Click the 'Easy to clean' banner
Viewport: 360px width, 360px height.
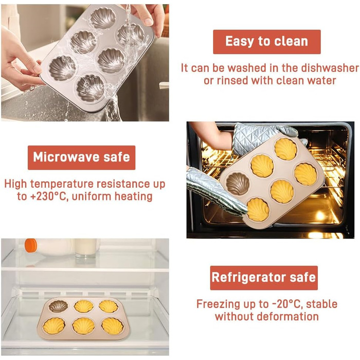coord(267,42)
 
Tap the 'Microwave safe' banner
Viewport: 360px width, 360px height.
coord(81,157)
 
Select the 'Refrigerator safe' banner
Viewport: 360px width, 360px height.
coord(264,278)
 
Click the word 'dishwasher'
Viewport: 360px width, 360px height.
coord(330,68)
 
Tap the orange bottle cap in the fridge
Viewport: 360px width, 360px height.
coord(31,245)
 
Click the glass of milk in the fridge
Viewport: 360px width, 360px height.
coord(86,248)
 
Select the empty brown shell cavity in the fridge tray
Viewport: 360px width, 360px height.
coord(58,307)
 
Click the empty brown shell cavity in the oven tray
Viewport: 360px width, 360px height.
coord(238,184)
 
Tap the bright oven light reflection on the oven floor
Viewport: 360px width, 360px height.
coord(320,215)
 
